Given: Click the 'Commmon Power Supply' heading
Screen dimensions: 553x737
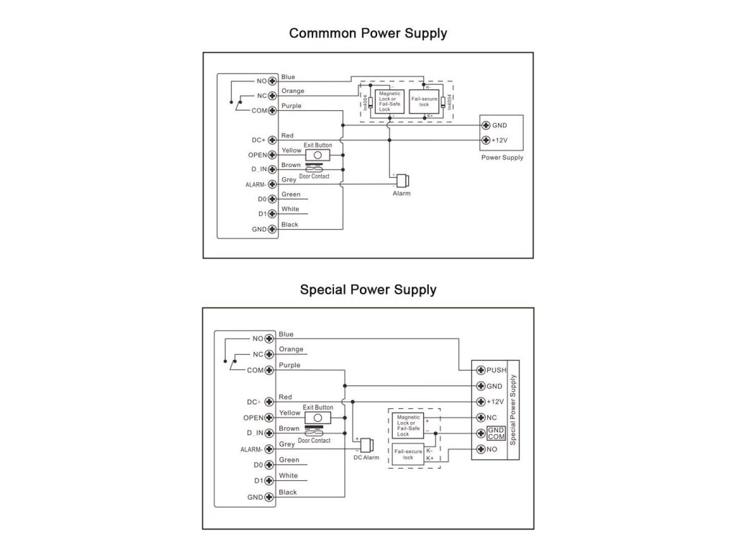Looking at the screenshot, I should click(368, 33).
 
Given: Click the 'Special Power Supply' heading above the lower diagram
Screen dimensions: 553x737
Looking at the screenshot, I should click(368, 290).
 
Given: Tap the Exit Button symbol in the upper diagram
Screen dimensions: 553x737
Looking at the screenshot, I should click(317, 155).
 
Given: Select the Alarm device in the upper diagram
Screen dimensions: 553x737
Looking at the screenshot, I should click(401, 180).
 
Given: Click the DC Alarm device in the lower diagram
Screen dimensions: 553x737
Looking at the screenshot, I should click(366, 444).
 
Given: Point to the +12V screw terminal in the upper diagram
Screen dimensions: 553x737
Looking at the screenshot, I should click(486, 140).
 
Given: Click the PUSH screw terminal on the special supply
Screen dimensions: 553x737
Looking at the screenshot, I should click(480, 370).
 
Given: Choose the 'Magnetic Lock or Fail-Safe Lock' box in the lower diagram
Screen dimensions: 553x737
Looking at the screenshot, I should click(408, 426).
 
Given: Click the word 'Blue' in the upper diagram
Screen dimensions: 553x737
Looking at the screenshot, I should click(289, 77).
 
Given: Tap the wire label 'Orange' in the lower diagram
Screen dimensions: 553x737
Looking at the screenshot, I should click(291, 349).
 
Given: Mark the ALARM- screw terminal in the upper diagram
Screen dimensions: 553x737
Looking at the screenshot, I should click(273, 184).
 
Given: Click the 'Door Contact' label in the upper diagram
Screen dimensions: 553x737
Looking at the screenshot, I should click(315, 176).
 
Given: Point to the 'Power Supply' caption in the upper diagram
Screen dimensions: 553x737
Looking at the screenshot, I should click(502, 158).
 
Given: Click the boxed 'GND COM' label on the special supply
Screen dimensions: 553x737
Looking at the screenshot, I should click(496, 433).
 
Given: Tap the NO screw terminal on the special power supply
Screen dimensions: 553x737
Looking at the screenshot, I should click(480, 450).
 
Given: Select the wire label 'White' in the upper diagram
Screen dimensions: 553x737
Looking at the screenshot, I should click(290, 210).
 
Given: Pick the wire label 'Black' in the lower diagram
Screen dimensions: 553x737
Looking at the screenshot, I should click(287, 493).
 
